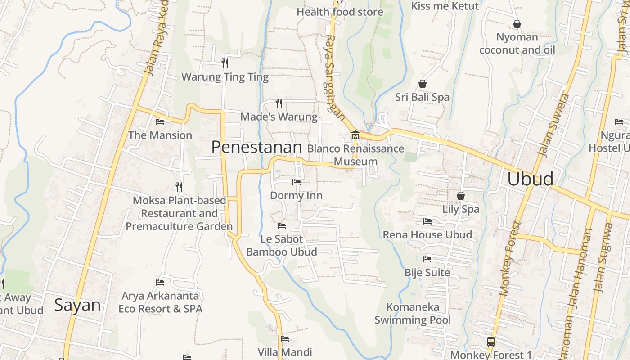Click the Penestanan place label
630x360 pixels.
(x=256, y=147)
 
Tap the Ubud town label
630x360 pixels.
(x=530, y=179)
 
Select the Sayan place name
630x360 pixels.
(x=77, y=305)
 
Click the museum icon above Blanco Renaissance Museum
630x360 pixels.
(x=355, y=135)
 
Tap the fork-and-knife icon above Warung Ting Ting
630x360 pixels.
(x=225, y=63)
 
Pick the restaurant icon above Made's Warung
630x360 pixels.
(x=279, y=103)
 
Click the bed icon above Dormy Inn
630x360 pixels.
(x=296, y=182)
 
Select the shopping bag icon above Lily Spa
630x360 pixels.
(x=460, y=196)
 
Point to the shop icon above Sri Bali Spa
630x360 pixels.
(x=422, y=84)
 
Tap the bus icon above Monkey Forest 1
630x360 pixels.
(x=490, y=342)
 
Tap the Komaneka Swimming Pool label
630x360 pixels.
(x=413, y=314)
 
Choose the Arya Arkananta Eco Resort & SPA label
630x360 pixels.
(x=160, y=302)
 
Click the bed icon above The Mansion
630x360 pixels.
(x=160, y=121)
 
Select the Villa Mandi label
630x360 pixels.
(x=284, y=352)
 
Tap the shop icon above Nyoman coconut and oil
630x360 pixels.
(x=517, y=24)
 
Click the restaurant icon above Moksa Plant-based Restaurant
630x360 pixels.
(x=179, y=187)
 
